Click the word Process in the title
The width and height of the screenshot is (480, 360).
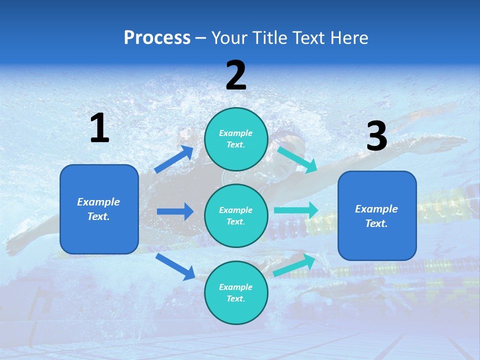[157, 38]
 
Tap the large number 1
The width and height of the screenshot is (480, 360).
[99, 128]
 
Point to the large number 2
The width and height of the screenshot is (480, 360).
[236, 75]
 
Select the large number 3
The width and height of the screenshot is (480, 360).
[377, 136]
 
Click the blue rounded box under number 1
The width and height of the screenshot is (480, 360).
[99, 209]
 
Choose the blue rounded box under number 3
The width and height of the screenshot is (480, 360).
[377, 215]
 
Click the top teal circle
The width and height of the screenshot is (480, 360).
[236, 139]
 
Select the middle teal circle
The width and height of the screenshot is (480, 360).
[236, 215]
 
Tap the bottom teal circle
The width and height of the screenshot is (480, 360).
[236, 292]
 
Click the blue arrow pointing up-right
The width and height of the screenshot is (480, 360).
[174, 159]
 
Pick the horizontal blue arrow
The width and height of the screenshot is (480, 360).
[175, 211]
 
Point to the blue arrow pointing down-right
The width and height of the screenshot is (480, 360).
[175, 266]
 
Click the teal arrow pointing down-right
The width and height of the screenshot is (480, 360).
[297, 159]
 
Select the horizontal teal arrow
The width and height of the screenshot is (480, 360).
[296, 210]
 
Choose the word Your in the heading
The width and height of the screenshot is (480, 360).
[228, 38]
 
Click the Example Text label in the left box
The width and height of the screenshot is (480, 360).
[98, 209]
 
